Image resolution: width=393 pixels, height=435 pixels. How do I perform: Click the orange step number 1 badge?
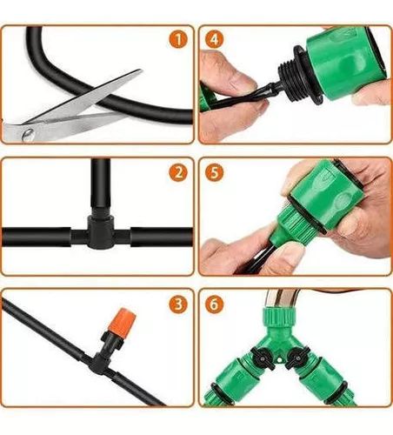pos(178,39)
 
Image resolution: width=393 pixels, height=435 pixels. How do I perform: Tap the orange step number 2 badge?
pos(178,172)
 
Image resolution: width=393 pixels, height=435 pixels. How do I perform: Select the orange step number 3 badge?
pos(178,304)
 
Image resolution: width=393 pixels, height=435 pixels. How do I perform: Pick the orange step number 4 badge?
pos(215,39)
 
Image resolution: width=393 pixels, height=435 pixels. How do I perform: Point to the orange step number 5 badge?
pos(215,172)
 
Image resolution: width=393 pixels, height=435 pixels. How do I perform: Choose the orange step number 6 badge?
pos(215,304)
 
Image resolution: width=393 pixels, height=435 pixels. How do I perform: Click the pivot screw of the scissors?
pos(28,134)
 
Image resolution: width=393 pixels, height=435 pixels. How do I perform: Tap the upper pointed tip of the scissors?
pos(141,70)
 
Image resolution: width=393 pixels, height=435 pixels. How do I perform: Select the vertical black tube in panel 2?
pos(101,184)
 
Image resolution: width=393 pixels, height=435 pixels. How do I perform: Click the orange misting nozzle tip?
pos(122,321)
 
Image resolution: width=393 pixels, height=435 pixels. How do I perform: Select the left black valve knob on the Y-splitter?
pos(263,358)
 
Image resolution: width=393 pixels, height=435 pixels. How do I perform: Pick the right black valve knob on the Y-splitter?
pos(297,358)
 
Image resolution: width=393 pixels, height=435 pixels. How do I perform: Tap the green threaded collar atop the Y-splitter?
pos(279,318)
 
